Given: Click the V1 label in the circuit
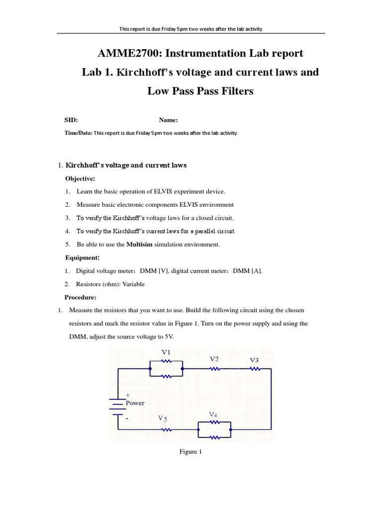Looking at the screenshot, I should point(166,352).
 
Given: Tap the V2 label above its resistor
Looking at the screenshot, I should point(214,358).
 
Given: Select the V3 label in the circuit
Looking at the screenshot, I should point(254,360).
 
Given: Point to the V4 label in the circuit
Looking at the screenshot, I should point(213,414).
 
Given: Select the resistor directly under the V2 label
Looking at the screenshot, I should point(215,369).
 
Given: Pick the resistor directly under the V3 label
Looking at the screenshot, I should point(255,369).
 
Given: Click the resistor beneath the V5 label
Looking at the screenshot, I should point(166,429).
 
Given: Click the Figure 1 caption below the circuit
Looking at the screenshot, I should point(191,452).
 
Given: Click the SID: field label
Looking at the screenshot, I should point(72,120).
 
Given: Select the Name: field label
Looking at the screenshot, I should point(169,120).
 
